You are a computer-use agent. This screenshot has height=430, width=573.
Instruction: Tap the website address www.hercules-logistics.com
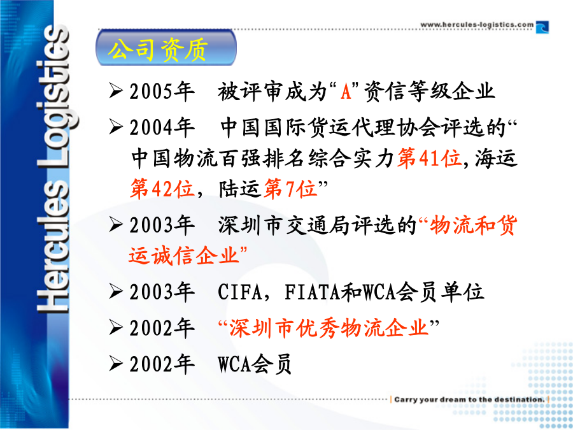pos(477,24)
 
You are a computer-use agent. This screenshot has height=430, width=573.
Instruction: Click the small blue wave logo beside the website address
pos(542,27)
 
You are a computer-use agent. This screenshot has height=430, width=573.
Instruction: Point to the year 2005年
pos(162,91)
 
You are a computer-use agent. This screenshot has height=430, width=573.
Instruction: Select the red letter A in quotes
pos(346,91)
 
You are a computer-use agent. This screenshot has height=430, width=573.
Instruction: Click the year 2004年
pos(162,127)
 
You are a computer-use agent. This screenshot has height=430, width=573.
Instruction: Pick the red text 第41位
pos(429,159)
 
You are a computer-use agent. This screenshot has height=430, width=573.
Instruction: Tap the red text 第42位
pos(162,189)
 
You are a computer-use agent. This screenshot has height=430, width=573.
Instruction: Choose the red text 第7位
pos(290,189)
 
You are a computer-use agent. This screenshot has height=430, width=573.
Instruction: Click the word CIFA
pos(240,292)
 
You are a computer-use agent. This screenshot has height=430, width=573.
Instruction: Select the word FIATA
pos(313,292)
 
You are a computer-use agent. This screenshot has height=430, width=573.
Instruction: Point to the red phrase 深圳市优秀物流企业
pos(329,327)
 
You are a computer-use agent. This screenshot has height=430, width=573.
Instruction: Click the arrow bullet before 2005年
pos(115,90)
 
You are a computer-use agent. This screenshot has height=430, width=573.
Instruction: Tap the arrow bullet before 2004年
pos(115,127)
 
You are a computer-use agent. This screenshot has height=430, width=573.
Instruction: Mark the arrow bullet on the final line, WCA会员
pos(115,364)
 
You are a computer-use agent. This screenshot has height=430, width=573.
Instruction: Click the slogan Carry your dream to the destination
pos(469,399)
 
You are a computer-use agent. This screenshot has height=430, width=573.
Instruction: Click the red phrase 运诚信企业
pos(183,255)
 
